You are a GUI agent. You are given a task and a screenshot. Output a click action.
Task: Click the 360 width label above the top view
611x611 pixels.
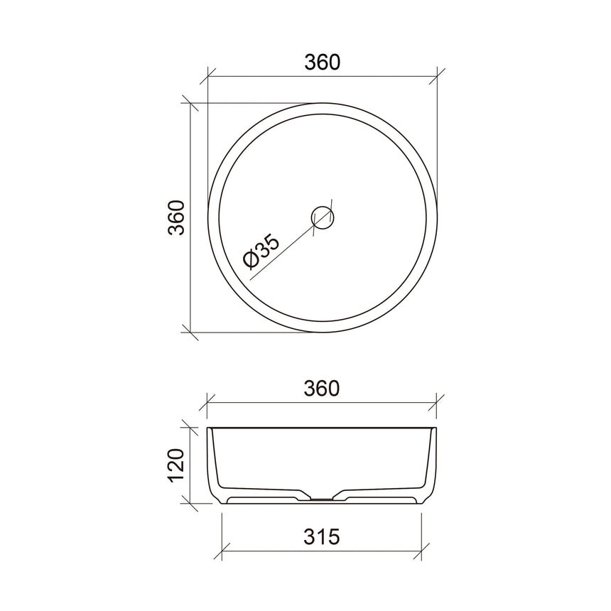click(x=323, y=62)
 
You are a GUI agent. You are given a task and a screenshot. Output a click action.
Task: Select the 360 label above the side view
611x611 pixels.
click(x=323, y=389)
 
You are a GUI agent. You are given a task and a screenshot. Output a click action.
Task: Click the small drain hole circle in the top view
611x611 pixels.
click(x=323, y=217)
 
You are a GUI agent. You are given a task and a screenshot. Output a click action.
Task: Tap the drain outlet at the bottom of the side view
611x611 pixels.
click(x=323, y=500)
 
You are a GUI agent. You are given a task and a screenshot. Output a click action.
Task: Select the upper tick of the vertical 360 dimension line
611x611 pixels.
click(x=189, y=102)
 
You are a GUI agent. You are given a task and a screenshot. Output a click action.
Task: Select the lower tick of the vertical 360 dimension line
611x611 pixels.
click(x=189, y=331)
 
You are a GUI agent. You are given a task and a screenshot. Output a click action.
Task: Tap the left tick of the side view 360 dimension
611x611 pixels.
click(x=207, y=403)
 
